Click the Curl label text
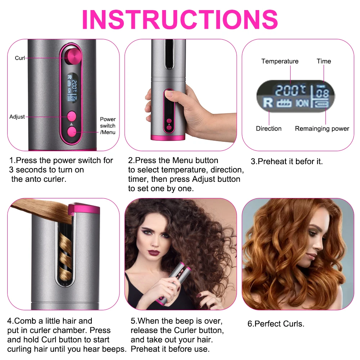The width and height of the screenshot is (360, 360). click(x=20, y=58)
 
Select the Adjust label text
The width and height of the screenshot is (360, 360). click(x=17, y=117)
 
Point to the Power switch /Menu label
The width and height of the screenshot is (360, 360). click(x=108, y=126)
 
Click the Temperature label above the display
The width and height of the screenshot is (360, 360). click(x=280, y=61)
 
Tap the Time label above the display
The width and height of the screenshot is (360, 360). click(x=324, y=61)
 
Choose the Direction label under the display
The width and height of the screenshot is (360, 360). click(x=269, y=129)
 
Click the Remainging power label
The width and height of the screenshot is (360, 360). click(x=322, y=129)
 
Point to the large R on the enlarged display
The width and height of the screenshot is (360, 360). click(x=268, y=103)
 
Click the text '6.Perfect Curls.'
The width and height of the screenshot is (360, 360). click(x=276, y=324)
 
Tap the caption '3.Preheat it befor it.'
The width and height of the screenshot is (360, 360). click(x=287, y=162)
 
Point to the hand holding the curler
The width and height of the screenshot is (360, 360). click(x=169, y=108)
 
